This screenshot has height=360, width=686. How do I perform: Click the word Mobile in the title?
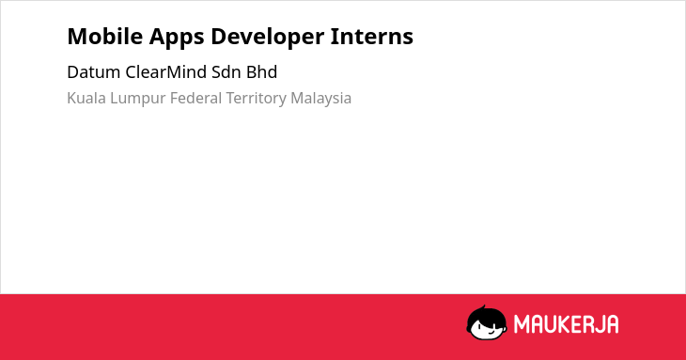[105, 36]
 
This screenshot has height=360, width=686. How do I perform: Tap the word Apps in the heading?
[177, 38]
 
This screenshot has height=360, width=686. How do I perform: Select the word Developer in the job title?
[267, 38]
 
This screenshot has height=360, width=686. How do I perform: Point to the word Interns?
[371, 36]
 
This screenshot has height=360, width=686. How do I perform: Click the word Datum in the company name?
[94, 72]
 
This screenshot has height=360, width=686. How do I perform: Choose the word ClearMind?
[165, 72]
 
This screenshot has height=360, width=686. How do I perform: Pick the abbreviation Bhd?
[261, 72]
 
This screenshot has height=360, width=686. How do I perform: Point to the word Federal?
[196, 98]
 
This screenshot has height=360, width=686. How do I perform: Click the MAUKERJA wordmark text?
[566, 324]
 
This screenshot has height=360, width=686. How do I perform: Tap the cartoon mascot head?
[487, 323]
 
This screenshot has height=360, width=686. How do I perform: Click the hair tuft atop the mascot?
[483, 307]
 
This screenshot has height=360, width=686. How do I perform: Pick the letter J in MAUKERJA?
[598, 324]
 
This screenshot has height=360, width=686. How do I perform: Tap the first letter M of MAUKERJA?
[521, 324]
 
